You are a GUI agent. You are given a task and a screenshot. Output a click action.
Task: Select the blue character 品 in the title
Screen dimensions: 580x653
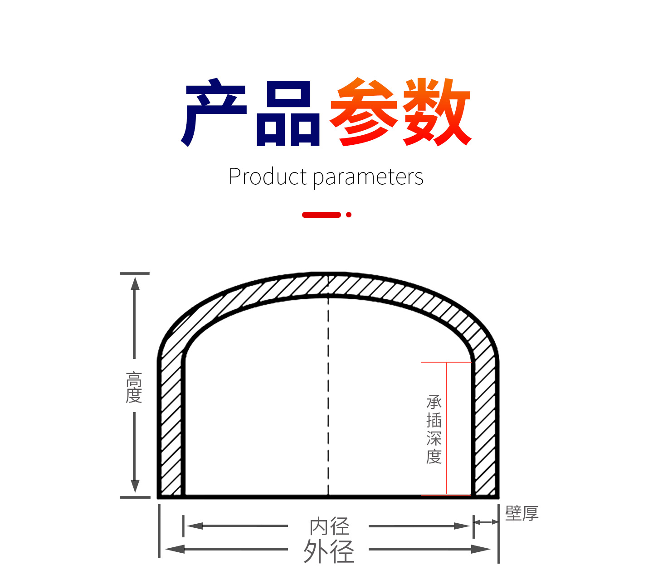(x=288, y=113)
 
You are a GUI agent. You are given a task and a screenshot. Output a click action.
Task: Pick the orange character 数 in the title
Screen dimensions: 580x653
(x=437, y=112)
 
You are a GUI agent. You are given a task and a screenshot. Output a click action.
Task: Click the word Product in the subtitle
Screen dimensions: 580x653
(x=268, y=177)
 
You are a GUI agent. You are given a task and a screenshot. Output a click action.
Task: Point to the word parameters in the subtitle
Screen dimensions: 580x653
(x=368, y=177)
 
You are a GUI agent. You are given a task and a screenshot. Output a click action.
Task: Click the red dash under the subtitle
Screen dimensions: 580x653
(x=322, y=215)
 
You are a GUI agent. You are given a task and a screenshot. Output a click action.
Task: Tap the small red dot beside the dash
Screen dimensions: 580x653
(x=349, y=215)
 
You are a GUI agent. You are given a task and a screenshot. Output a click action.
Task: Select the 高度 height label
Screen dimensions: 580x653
(x=134, y=387)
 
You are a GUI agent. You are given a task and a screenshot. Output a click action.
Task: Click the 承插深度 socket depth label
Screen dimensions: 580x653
(x=434, y=429)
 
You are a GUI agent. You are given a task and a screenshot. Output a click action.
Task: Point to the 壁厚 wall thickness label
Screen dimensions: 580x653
(x=522, y=513)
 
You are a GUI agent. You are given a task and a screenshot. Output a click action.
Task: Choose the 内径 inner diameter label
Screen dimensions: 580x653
(x=329, y=526)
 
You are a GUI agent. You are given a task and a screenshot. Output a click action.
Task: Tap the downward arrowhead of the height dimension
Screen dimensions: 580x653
(x=135, y=486)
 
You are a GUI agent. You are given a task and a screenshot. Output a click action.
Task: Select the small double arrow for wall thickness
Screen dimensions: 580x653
(x=486, y=522)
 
